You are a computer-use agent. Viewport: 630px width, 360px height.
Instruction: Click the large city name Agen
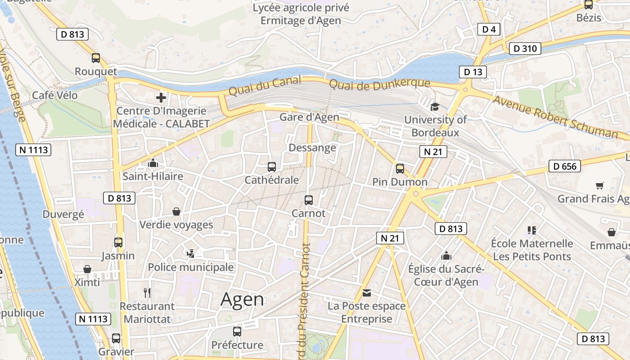(242, 300)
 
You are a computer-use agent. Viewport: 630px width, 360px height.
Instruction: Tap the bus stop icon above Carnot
(309, 200)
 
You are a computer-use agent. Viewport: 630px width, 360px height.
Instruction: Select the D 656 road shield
(565, 166)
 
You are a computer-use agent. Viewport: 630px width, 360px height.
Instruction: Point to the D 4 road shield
(489, 30)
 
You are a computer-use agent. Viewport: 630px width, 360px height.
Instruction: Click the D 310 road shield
(525, 49)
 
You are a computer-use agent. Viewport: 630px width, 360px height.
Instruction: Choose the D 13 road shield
(473, 72)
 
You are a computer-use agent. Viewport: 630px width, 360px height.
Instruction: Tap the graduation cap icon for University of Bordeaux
(435, 107)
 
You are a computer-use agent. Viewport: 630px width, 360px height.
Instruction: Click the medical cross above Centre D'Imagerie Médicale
(161, 97)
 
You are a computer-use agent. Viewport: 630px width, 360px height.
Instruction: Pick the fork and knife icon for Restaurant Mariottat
(147, 293)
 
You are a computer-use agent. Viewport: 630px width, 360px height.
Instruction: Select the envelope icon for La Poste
(367, 293)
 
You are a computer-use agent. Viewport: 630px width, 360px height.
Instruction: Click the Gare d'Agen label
(310, 117)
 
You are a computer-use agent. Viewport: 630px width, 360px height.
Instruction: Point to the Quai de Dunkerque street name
(379, 84)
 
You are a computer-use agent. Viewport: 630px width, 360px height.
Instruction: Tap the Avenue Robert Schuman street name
(555, 117)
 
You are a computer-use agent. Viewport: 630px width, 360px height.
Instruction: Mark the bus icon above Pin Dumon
(400, 169)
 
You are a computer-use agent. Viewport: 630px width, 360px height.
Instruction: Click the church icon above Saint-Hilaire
(153, 163)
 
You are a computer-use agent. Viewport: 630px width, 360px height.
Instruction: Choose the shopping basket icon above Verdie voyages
(176, 211)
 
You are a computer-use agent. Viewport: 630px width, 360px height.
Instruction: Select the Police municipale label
(191, 267)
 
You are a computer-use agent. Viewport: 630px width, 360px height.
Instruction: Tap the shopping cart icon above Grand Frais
(599, 185)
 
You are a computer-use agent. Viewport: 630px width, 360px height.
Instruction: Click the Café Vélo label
(55, 95)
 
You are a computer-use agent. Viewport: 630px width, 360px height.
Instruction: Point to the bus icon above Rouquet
(96, 58)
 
